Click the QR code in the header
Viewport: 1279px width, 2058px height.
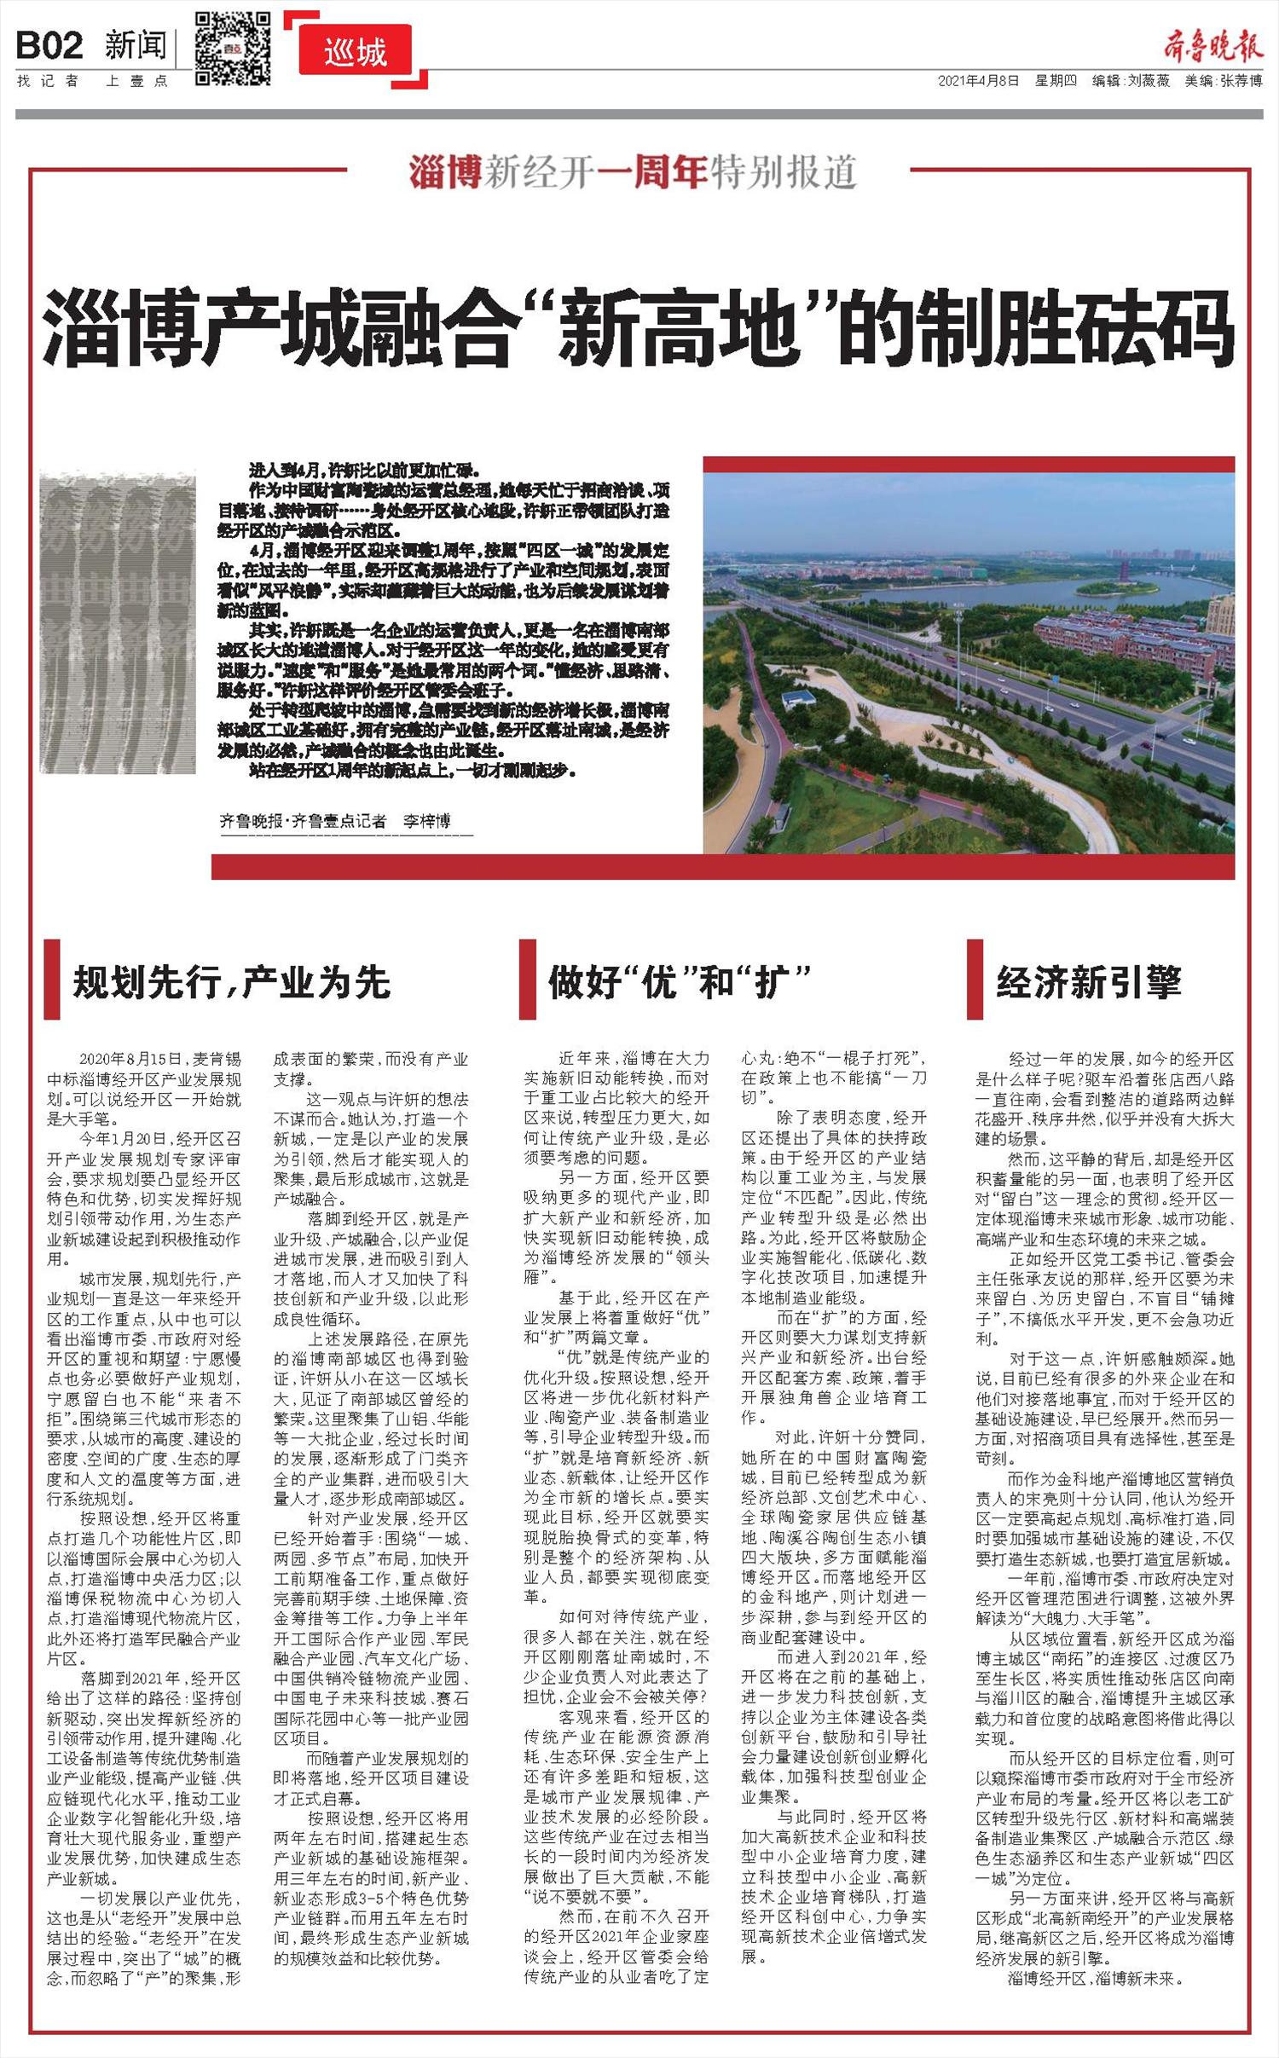click(233, 48)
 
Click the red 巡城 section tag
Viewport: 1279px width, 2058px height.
click(355, 53)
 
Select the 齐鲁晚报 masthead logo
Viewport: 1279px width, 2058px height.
click(1213, 43)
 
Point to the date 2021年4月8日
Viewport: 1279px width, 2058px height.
click(978, 81)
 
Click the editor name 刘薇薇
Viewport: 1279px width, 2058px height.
click(1149, 81)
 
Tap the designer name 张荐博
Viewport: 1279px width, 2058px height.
click(1241, 81)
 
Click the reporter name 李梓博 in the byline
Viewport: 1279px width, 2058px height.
click(426, 821)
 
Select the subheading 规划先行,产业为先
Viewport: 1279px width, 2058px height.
click(232, 982)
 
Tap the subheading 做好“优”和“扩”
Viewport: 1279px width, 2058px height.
click(678, 982)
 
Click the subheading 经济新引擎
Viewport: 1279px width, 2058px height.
click(1089, 982)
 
